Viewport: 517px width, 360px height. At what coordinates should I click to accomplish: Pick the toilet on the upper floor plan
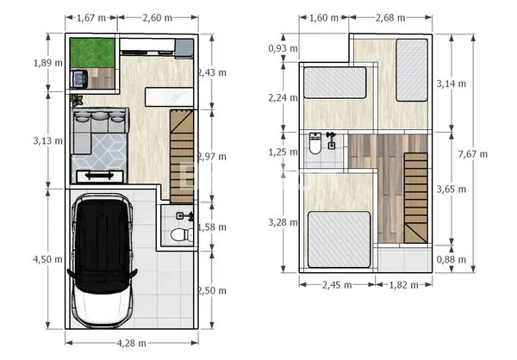pyautogui.click(x=315, y=146)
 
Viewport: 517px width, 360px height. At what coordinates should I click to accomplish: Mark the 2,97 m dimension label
pyautogui.click(x=212, y=156)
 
